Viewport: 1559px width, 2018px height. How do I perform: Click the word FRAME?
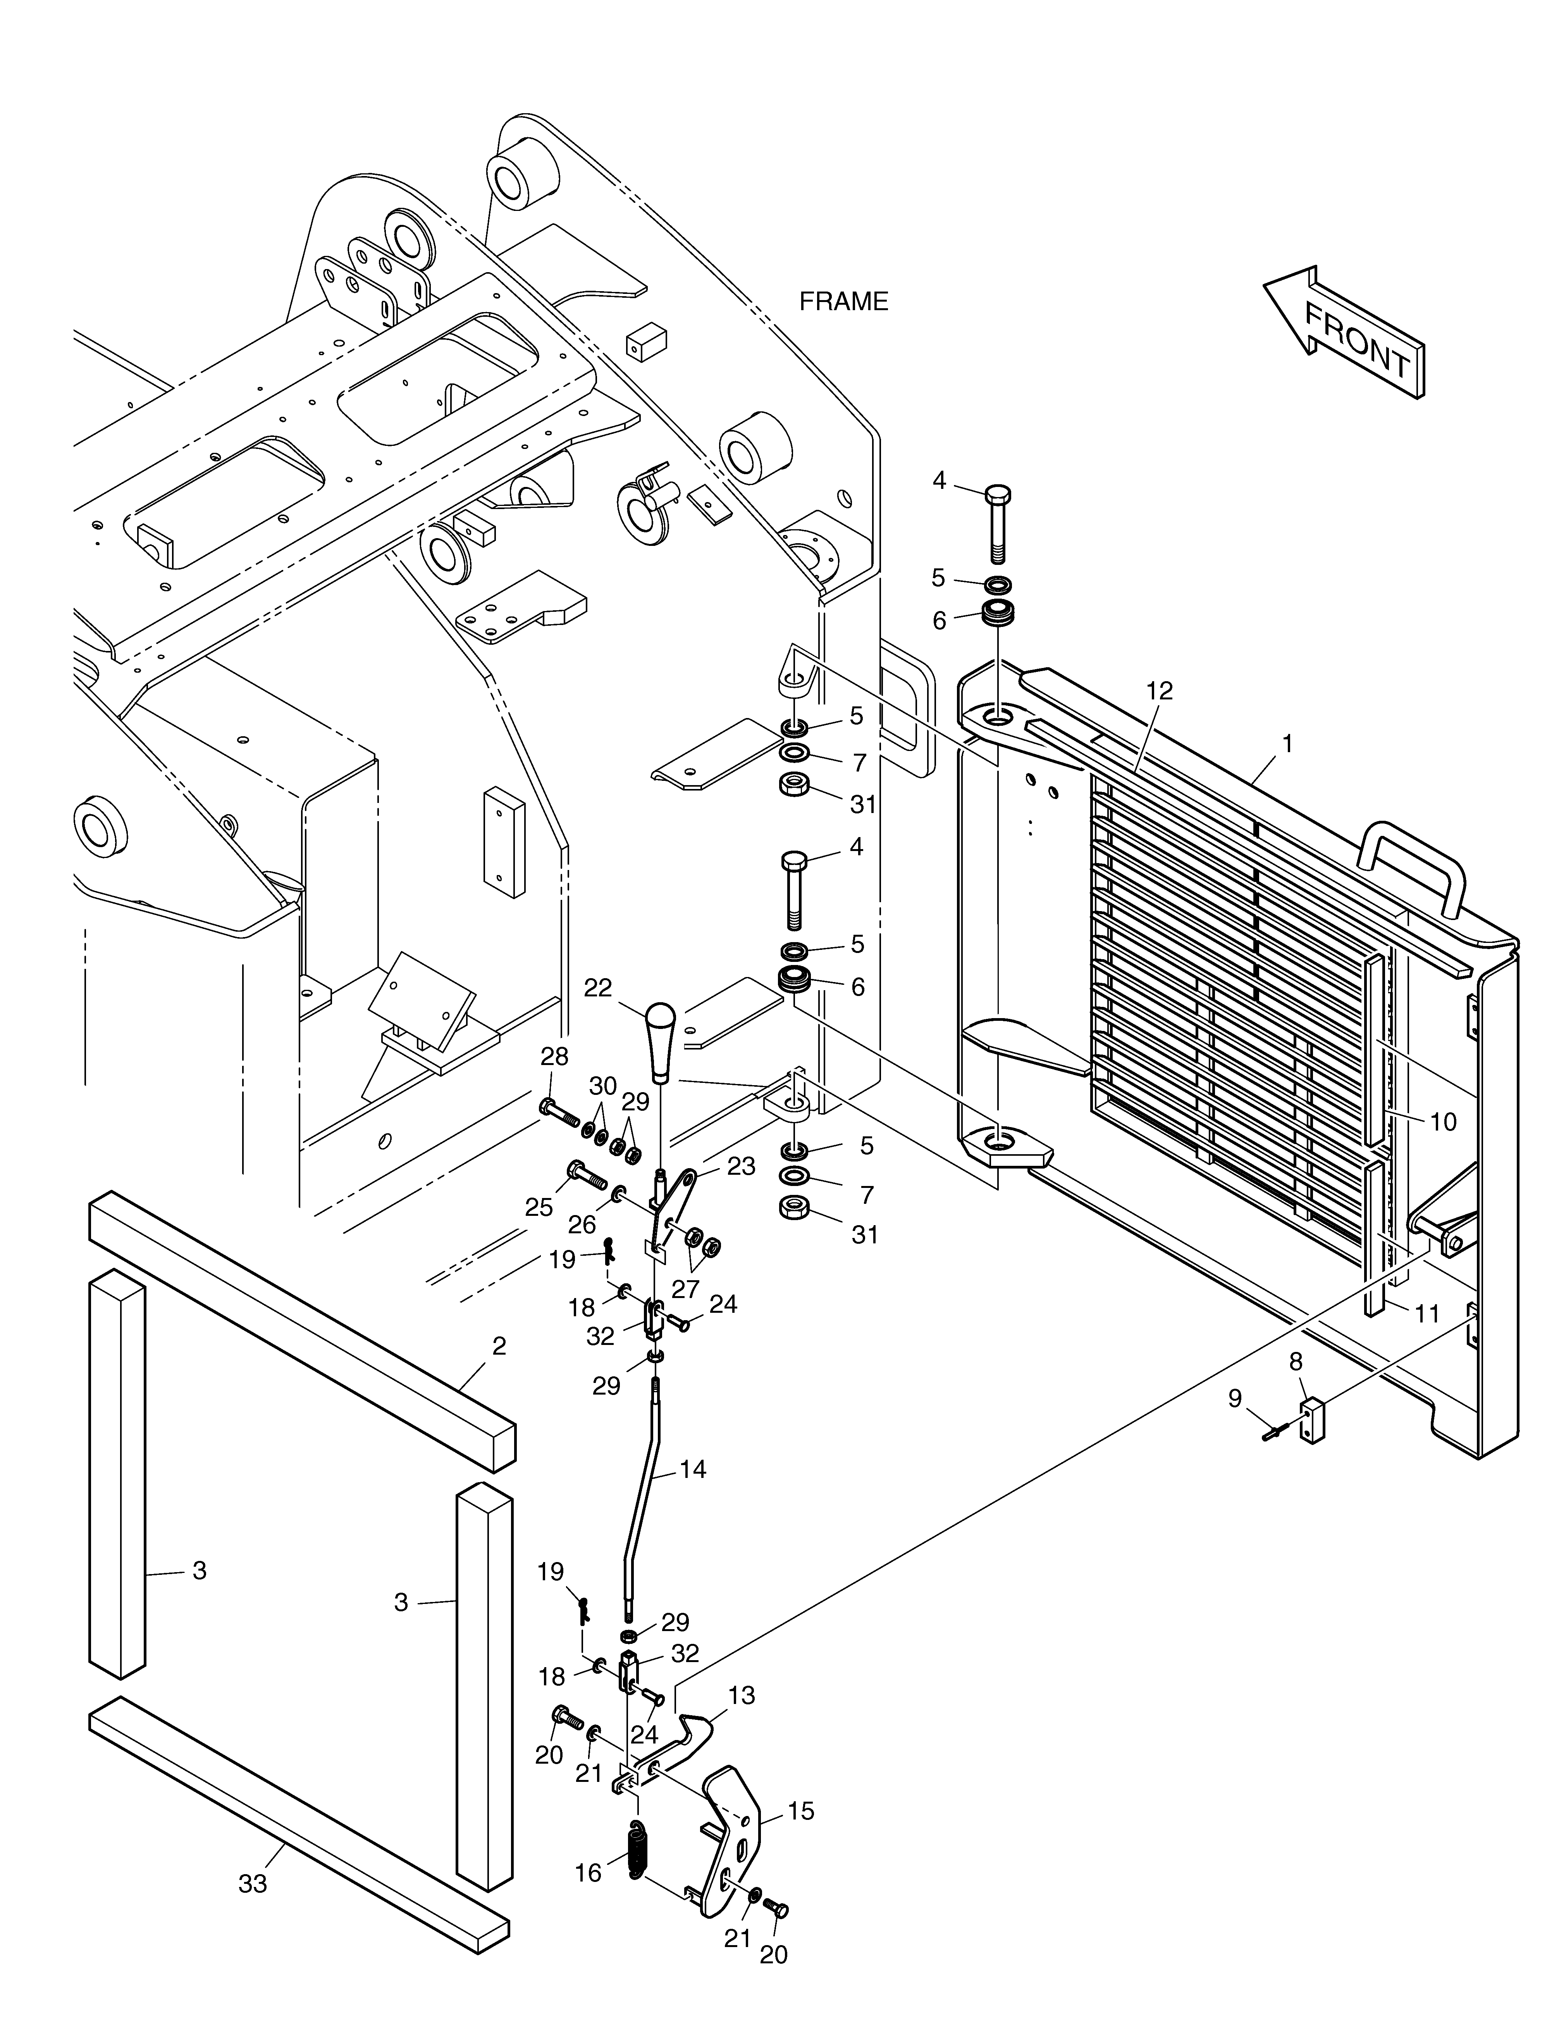tap(843, 301)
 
